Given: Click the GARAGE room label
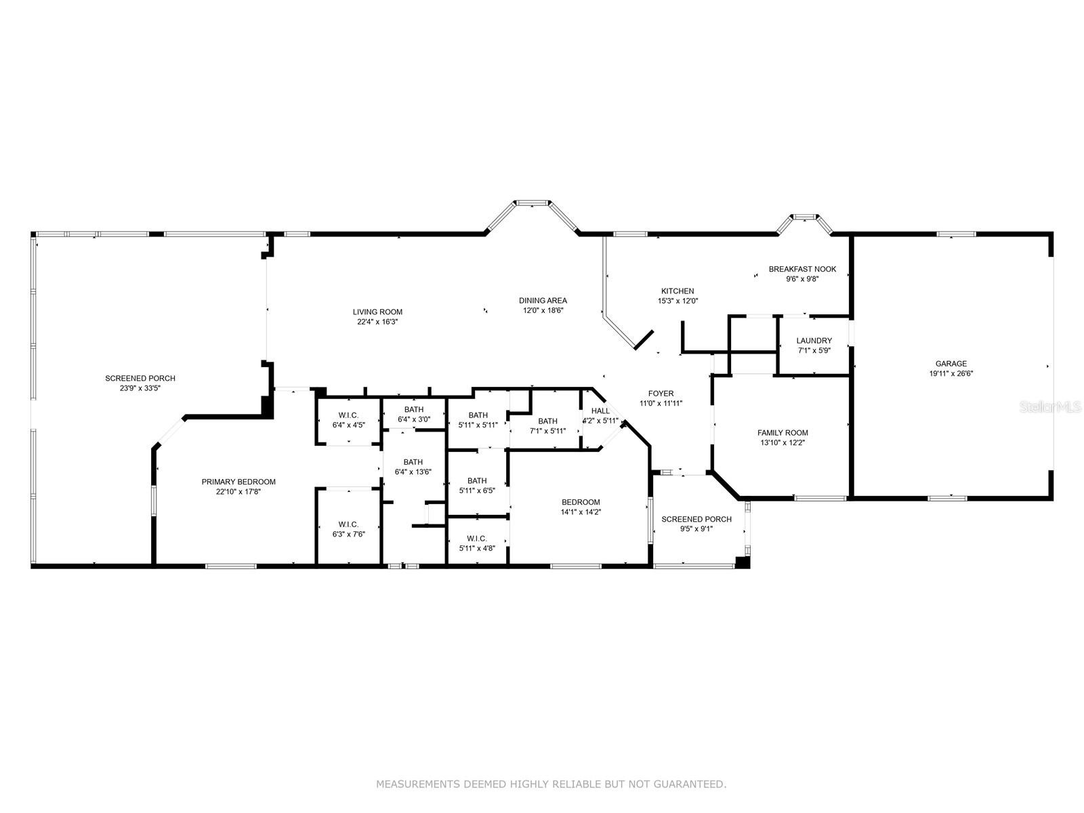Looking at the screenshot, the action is [951, 364].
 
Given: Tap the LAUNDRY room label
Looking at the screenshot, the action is [814, 341].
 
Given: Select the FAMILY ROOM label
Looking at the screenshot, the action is [783, 433].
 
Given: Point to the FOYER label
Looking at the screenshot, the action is [661, 394].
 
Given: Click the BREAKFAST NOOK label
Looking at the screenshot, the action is [802, 269].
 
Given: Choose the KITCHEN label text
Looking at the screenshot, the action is [677, 291].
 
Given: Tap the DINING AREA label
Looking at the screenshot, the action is [543, 300].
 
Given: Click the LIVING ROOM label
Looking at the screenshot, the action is [377, 312].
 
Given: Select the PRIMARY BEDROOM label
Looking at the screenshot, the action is [238, 482].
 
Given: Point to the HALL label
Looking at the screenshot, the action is [600, 411].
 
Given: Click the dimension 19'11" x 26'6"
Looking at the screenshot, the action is [951, 374].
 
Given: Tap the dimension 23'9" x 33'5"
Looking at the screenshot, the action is [140, 388].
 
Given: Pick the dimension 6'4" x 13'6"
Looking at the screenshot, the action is [413, 472].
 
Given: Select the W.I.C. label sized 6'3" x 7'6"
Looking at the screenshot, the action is [348, 524].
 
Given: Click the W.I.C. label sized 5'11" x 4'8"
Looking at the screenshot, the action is [476, 538].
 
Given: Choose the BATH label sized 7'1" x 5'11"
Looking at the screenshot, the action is [547, 421].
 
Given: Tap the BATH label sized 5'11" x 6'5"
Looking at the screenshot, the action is [476, 481].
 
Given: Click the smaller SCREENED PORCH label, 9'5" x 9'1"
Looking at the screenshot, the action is [696, 519].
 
